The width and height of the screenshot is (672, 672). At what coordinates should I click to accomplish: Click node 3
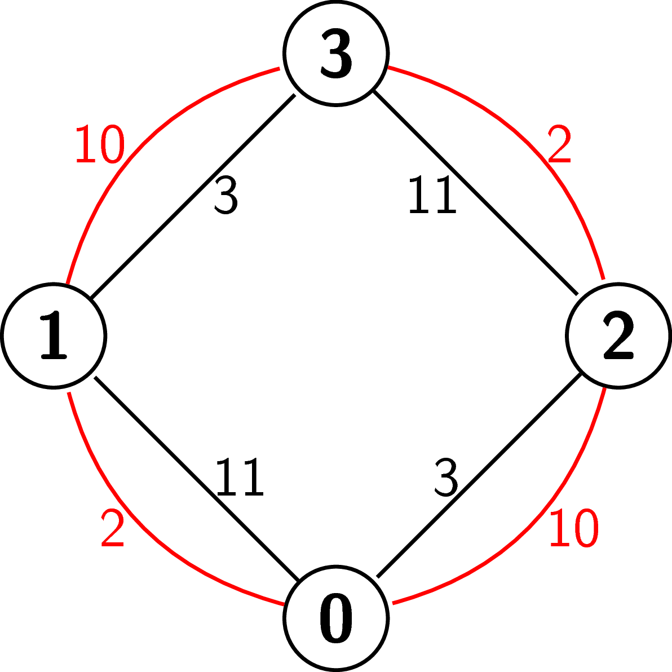[336, 53]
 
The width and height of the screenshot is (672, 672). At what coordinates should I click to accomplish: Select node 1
[54, 335]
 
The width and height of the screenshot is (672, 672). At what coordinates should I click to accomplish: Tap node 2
[618, 335]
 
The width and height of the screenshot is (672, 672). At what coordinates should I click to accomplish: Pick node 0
[336, 618]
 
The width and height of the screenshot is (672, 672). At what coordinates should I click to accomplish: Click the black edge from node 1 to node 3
[193, 196]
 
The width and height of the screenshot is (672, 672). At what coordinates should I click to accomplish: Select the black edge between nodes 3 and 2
[476, 192]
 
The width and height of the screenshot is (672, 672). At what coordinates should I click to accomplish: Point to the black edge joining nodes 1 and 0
[197, 479]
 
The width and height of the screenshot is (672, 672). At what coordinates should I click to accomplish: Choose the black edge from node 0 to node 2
[479, 475]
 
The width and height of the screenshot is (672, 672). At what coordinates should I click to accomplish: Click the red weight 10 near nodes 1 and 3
[100, 144]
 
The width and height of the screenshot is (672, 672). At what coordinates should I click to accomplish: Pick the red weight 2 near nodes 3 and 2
[559, 143]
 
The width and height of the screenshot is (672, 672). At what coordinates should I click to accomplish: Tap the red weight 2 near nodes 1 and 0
[112, 527]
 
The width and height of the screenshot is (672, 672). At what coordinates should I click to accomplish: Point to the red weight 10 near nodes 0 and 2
[574, 528]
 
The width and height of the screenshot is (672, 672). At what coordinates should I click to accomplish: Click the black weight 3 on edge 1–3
[226, 194]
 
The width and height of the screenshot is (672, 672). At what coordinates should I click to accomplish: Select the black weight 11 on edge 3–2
[433, 194]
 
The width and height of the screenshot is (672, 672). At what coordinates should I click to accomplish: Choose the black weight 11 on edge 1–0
[240, 476]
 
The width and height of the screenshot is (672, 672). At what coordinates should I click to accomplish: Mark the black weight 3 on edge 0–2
[446, 477]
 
